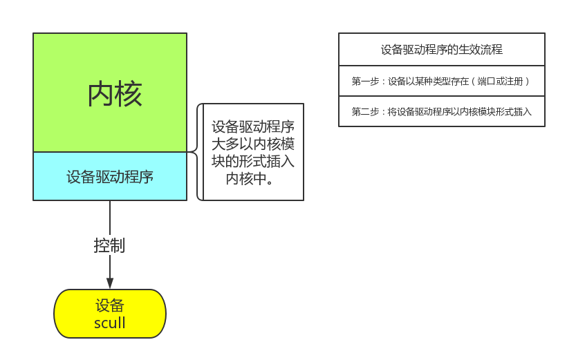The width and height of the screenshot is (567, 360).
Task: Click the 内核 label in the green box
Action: point(115,94)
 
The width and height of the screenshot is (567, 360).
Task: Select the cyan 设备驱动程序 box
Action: point(110,176)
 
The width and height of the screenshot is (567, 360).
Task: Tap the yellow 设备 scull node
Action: point(110,314)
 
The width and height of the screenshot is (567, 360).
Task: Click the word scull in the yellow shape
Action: point(109,323)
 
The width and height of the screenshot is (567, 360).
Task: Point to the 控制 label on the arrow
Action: point(109,245)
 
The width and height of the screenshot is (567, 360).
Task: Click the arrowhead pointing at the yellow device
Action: point(110,283)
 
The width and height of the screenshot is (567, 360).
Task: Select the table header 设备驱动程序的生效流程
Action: point(442,50)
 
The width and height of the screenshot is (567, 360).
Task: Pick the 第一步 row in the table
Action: point(442,81)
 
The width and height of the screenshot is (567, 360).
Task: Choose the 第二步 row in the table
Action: point(442,111)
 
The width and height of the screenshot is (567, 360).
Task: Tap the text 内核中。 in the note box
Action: point(250,178)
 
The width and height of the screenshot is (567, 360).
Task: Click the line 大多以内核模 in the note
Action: point(253,144)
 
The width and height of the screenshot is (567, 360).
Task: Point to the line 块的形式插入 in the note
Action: point(253,161)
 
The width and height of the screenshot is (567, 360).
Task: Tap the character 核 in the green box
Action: point(129,94)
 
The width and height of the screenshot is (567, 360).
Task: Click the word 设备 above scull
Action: point(109,305)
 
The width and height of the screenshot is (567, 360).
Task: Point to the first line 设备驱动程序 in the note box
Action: point(253,126)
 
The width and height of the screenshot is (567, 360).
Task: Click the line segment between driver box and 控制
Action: point(110,218)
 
